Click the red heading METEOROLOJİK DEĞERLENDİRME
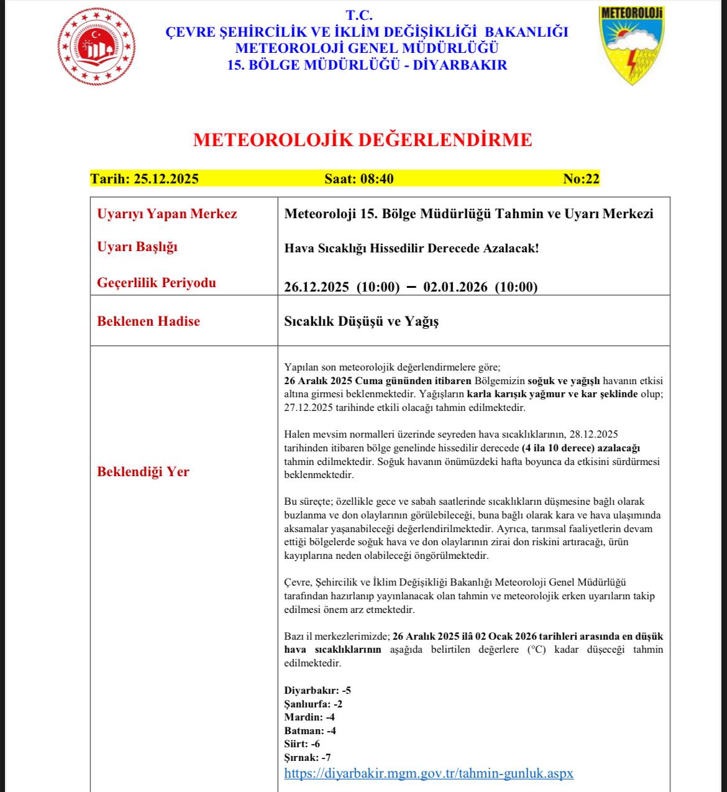pyautogui.click(x=363, y=140)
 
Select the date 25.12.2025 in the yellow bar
pyautogui.click(x=166, y=179)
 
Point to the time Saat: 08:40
pyautogui.click(x=359, y=179)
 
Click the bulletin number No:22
pyautogui.click(x=581, y=179)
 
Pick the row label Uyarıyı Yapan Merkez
pyautogui.click(x=167, y=214)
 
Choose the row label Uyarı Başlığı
pyautogui.click(x=137, y=247)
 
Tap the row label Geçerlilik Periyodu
pyautogui.click(x=157, y=283)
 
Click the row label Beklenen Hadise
pyautogui.click(x=149, y=321)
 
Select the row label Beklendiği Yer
pyautogui.click(x=144, y=472)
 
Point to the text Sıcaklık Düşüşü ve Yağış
pyautogui.click(x=362, y=321)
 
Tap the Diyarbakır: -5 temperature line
pyautogui.click(x=318, y=691)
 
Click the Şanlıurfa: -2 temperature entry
pyautogui.click(x=313, y=704)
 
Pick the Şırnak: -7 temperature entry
pyautogui.click(x=308, y=757)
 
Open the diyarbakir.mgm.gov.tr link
pyautogui.click(x=429, y=773)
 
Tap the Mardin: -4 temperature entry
pyautogui.click(x=309, y=717)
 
